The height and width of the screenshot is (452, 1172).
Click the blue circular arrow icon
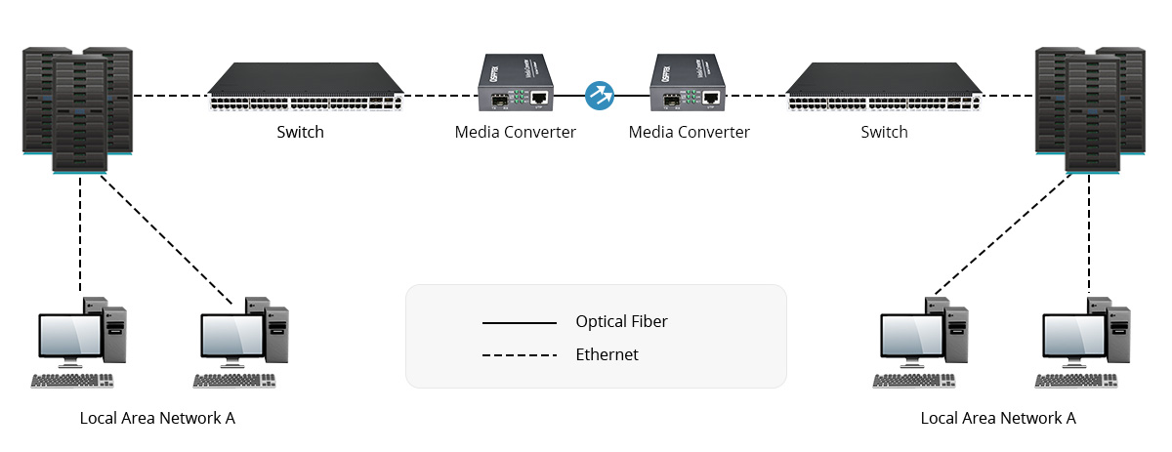(599, 96)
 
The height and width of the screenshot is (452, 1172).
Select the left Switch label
(300, 132)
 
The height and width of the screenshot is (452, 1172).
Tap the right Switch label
(884, 132)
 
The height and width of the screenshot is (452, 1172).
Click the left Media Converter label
(515, 132)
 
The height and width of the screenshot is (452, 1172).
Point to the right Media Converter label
(689, 132)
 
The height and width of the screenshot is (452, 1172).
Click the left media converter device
(516, 86)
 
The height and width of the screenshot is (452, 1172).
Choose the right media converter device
(690, 86)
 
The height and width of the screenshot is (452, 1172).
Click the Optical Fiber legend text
(621, 321)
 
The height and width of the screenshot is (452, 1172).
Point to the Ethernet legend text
(607, 354)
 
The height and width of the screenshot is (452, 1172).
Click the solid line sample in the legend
(519, 322)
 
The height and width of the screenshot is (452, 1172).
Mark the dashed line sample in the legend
(519, 355)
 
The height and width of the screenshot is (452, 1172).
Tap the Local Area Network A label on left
(157, 418)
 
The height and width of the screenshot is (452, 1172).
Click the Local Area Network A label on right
(998, 418)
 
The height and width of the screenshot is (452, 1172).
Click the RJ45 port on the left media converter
(539, 97)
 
